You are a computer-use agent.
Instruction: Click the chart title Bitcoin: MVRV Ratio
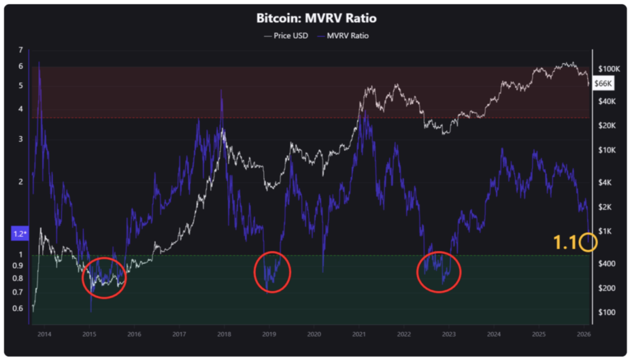coord(314,18)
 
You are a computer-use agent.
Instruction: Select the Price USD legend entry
coord(286,36)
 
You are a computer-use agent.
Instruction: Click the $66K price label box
coord(603,83)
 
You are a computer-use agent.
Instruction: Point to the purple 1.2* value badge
coord(18,234)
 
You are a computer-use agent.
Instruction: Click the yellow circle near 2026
coord(588,242)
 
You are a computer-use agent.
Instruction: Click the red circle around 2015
coord(104,278)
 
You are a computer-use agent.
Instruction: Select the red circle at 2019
coord(273,272)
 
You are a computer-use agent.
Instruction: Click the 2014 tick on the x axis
coord(44,335)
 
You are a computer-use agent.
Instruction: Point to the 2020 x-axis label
coord(314,335)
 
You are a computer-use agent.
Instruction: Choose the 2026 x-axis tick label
coord(584,335)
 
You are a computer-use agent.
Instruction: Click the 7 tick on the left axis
coord(21,50)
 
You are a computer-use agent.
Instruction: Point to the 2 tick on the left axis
coord(21,182)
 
